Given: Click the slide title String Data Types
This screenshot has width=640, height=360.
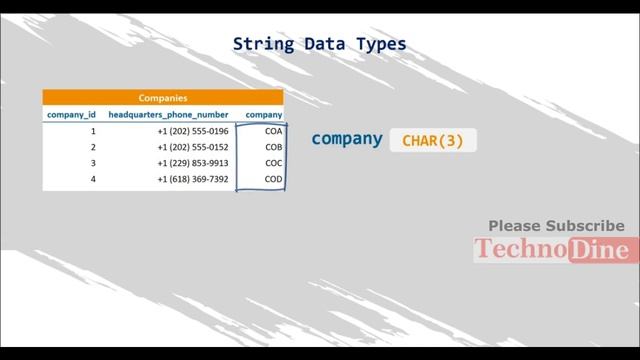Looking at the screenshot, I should pos(320,44).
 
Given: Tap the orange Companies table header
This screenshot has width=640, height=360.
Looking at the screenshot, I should pos(163,98).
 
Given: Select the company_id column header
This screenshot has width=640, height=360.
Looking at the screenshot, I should pos(72,115).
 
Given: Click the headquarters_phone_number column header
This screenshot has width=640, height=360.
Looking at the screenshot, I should pos(169,115).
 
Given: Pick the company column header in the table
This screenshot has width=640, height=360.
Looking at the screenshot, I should pos(264,115).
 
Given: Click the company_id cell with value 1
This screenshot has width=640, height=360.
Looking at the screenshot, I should pos(93,131).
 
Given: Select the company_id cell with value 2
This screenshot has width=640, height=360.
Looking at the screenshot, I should pos(93,147).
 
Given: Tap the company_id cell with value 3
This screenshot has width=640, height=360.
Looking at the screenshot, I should pos(93,163).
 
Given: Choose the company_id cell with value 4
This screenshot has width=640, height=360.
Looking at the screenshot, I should pos(93,179).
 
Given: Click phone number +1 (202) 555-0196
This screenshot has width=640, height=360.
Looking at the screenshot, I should pos(192,131).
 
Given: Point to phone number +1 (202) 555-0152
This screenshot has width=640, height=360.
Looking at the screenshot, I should pos(192,147).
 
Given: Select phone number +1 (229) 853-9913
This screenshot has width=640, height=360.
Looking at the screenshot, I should pos(192,163).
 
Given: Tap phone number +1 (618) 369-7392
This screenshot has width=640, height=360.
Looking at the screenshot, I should pos(192,179).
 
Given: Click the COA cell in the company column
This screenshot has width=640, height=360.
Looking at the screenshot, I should pos(273,131).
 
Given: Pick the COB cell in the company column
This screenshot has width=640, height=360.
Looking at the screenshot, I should pos(273,147).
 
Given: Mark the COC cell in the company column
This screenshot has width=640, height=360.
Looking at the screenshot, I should pos(273,163).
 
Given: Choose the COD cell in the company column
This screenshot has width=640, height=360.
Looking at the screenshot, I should pos(273,179).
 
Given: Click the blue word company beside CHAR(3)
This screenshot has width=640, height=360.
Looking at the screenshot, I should pos(347,139).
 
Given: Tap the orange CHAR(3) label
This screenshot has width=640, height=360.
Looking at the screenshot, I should pos(433,141).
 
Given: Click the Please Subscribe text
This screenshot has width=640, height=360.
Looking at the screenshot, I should pos(556,226).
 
